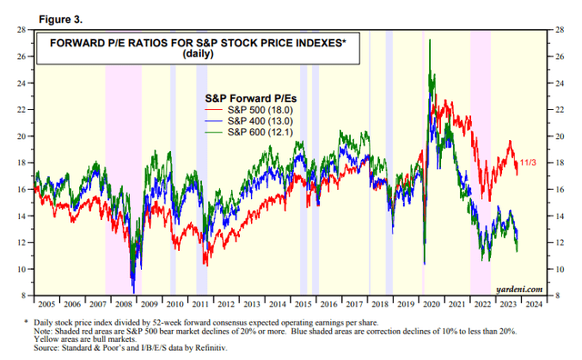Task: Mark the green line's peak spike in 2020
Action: pyautogui.click(x=429, y=41)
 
